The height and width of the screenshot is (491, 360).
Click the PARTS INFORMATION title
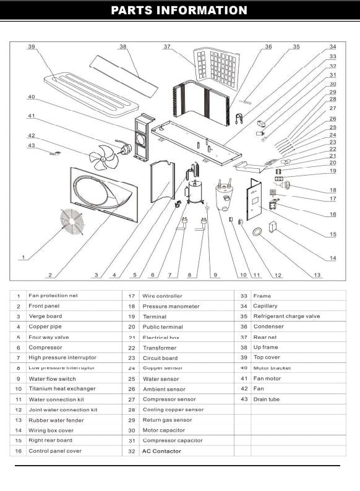(179, 11)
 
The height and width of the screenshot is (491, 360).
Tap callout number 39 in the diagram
(31, 46)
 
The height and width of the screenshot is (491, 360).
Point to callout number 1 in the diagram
(23, 257)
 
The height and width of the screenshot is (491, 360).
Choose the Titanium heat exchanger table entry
(62, 389)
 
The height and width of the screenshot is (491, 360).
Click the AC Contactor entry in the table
(162, 451)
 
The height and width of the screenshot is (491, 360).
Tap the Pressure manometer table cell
(163, 306)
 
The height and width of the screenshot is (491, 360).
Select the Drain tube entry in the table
(266, 399)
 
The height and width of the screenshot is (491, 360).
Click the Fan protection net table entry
(53, 296)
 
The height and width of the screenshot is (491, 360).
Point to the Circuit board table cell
(160, 358)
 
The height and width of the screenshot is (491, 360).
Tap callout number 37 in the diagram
(167, 46)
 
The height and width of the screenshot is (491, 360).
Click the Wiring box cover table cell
(55, 430)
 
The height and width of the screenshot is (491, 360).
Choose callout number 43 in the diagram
(31, 145)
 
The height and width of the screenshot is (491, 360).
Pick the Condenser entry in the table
(268, 327)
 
